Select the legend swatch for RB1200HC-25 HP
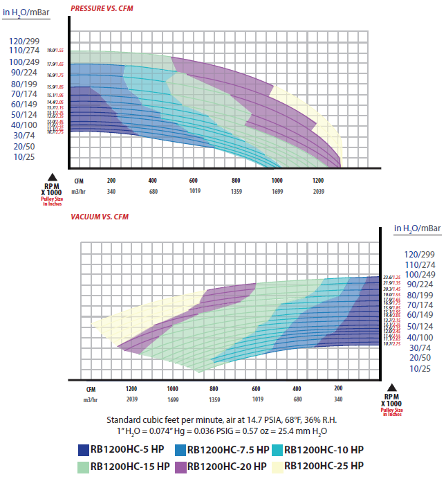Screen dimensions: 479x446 pyautogui.click(x=278, y=465)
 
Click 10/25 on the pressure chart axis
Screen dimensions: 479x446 pyautogui.click(x=24, y=157)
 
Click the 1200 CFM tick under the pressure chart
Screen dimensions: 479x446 pyautogui.click(x=317, y=180)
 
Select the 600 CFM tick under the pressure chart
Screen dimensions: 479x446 pyautogui.click(x=194, y=180)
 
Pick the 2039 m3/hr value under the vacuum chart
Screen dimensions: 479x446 pyautogui.click(x=131, y=399)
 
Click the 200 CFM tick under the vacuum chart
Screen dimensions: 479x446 pyautogui.click(x=338, y=389)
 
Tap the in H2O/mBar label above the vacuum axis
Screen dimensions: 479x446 pyautogui.click(x=418, y=228)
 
